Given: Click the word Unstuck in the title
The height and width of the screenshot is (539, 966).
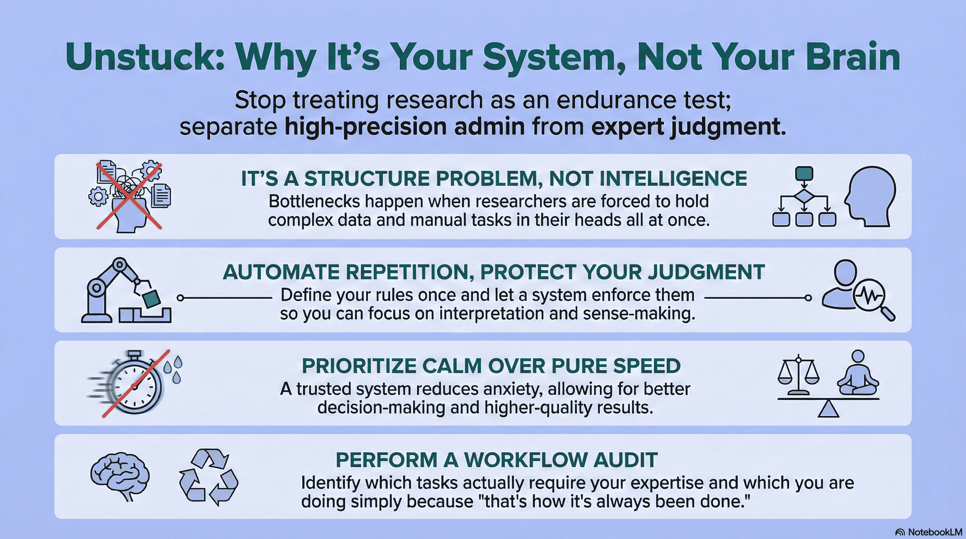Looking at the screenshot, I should (145, 57).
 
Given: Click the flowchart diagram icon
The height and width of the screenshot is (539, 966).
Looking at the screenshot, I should (804, 197).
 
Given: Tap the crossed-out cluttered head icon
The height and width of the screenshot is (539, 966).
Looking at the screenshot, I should (130, 196).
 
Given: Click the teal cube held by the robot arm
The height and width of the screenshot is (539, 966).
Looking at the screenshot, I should (152, 299).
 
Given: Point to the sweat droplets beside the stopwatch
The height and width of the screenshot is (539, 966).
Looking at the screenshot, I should (173, 369).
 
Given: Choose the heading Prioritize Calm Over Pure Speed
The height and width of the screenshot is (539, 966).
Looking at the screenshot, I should (491, 366).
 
